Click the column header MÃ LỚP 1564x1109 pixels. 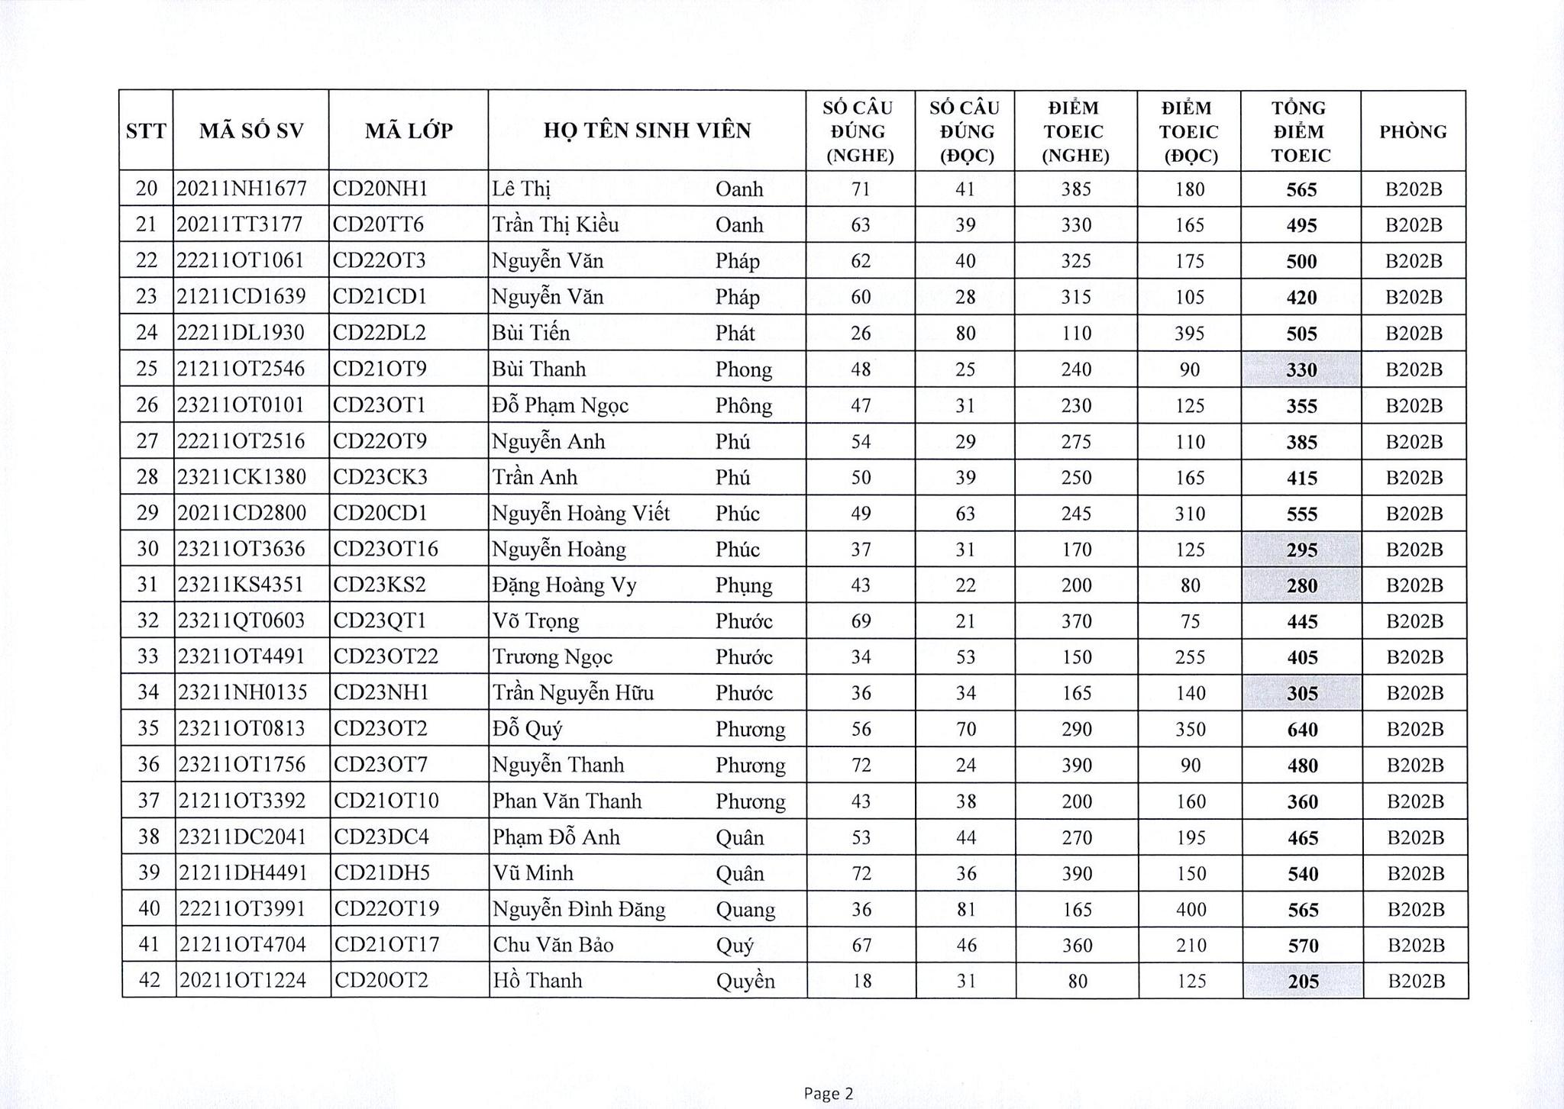click(x=409, y=131)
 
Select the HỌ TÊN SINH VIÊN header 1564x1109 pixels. click(x=647, y=131)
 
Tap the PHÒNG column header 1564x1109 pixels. click(x=1413, y=131)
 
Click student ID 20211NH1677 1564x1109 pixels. click(x=241, y=189)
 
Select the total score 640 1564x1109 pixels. click(x=1302, y=730)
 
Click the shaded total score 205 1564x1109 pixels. click(x=1303, y=982)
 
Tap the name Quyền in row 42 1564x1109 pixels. click(x=745, y=981)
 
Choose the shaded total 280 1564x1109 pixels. click(x=1302, y=586)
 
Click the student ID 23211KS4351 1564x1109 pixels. click(x=241, y=585)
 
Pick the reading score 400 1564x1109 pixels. click(x=1190, y=910)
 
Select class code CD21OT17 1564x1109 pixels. click(x=387, y=945)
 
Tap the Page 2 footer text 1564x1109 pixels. click(x=828, y=1094)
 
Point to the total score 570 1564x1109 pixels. click(x=1303, y=946)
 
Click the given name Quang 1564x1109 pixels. click(x=745, y=909)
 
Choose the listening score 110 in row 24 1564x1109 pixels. click(x=1076, y=334)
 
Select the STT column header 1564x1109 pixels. click(x=146, y=131)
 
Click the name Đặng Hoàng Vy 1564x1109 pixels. click(x=564, y=585)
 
